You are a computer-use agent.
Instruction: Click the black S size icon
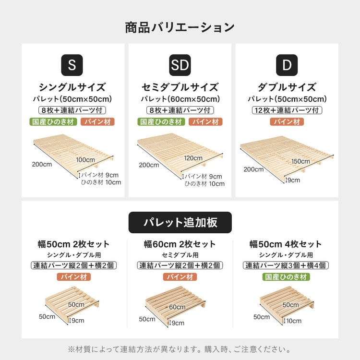[x=72, y=65]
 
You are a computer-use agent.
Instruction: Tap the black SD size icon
[x=180, y=65]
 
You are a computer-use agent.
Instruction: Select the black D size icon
[x=287, y=65]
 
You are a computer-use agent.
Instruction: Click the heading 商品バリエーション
[x=180, y=27]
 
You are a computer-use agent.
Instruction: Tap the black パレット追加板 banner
[x=180, y=222]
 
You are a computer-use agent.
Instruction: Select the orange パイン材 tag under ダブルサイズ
[x=287, y=122]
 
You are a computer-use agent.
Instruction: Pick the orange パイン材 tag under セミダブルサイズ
[x=205, y=122]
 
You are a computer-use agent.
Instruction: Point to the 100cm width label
[x=85, y=159]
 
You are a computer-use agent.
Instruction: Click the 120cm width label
[x=193, y=158]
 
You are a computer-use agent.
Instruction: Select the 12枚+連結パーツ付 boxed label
[x=287, y=110]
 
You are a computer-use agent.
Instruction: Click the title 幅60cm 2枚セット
[x=180, y=244]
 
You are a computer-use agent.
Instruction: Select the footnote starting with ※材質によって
[x=180, y=349]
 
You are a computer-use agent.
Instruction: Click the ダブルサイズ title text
[x=287, y=87]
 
